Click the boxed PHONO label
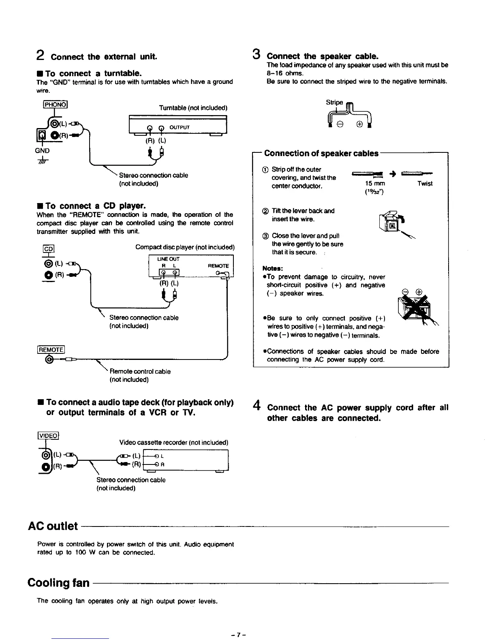click(x=56, y=105)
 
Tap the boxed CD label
click(x=48, y=249)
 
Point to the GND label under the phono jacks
click(x=42, y=150)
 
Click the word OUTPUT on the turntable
click(x=180, y=127)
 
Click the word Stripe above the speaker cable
click(x=334, y=102)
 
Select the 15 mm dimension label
click(x=375, y=184)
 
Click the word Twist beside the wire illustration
click(x=425, y=184)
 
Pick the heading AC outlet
click(x=53, y=526)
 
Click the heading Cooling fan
click(x=59, y=583)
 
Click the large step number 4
click(x=256, y=405)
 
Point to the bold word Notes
click(x=272, y=268)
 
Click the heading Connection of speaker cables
click(x=321, y=153)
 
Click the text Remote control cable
click(x=140, y=371)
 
